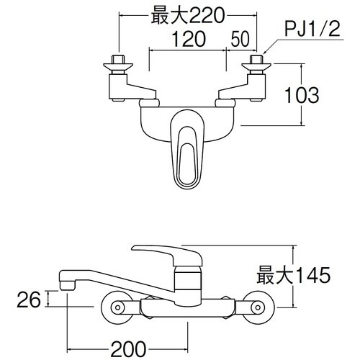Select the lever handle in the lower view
coord(166,252)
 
